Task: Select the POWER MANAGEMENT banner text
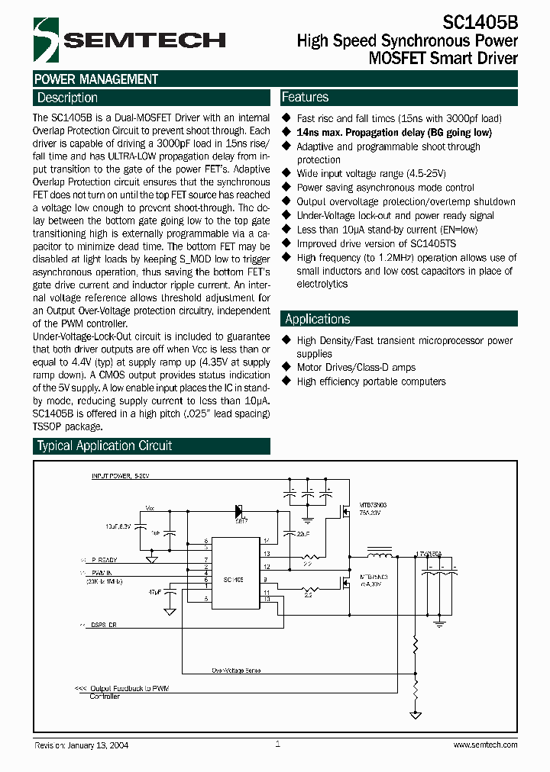pyautogui.click(x=96, y=79)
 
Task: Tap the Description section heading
pyautogui.click(x=67, y=98)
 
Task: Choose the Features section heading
pyautogui.click(x=305, y=97)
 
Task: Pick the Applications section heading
pyautogui.click(x=317, y=319)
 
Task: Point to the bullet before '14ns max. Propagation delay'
pyautogui.click(x=286, y=132)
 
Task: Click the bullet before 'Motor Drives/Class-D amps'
pyautogui.click(x=286, y=367)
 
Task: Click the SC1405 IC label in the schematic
pyautogui.click(x=234, y=580)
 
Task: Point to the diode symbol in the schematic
pyautogui.click(x=239, y=510)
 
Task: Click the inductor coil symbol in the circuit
pyautogui.click(x=379, y=549)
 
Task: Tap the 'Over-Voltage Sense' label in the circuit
pyautogui.click(x=236, y=671)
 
